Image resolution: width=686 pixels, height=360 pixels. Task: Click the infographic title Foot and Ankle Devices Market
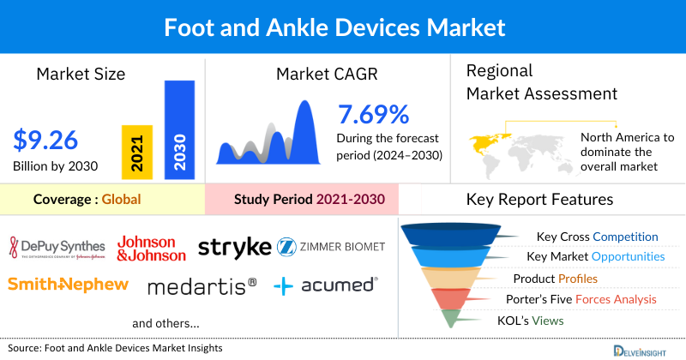coord(343,27)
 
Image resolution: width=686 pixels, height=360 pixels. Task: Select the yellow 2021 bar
coord(137,151)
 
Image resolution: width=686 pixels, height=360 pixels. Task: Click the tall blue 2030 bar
coord(178,129)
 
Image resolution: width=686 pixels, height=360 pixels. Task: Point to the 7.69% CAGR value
coord(373,114)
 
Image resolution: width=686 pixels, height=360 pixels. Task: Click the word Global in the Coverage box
coord(121,200)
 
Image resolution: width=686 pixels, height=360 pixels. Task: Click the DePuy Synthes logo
coord(57,248)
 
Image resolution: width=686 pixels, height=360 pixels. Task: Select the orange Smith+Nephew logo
coord(68,284)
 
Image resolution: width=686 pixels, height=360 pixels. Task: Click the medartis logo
coord(202,285)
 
